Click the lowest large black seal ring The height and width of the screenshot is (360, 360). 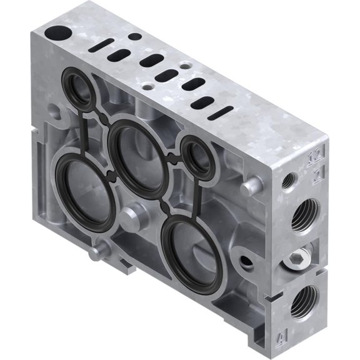coord(191,249)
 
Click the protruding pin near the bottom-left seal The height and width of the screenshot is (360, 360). coord(96,253)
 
